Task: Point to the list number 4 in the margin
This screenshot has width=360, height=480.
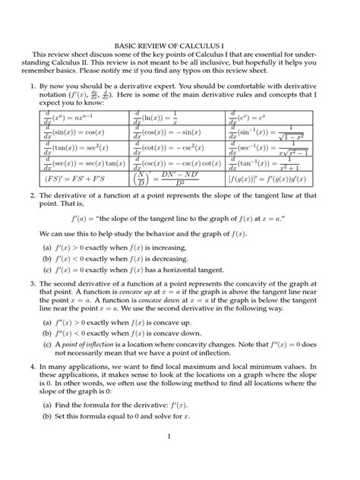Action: pyautogui.click(x=33, y=365)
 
